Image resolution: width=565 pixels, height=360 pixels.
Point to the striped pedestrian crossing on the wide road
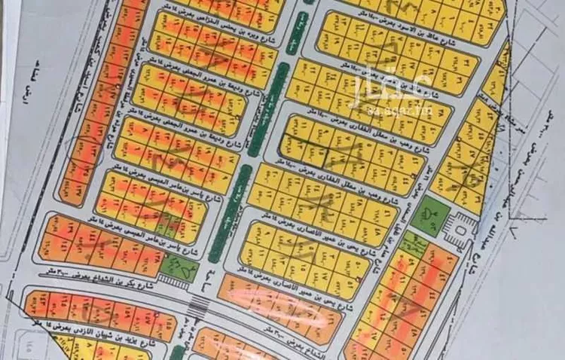200,305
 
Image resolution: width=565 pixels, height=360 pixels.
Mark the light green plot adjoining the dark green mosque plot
411,241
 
